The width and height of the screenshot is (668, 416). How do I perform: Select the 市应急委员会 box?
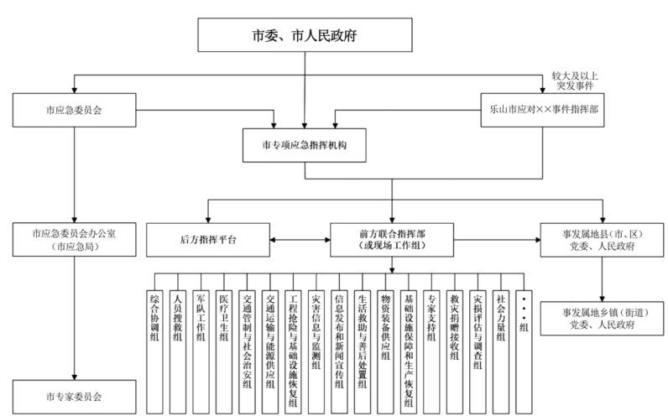pos(75,109)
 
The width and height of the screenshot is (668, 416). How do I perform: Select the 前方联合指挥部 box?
pos(392,240)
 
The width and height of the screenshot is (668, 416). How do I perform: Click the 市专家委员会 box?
pos(75,395)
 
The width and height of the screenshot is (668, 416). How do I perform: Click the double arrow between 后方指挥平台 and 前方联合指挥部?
pos(299,240)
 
